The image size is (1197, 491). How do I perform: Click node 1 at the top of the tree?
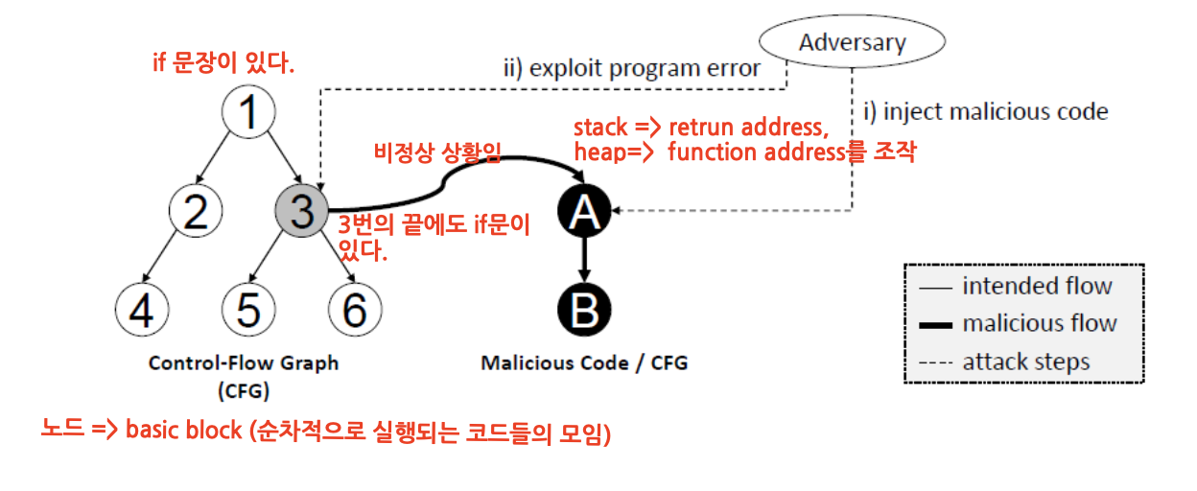[x=248, y=111]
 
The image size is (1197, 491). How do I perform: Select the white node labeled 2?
[x=196, y=211]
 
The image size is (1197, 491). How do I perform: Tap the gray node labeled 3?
[x=302, y=211]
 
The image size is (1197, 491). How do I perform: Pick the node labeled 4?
[x=142, y=310]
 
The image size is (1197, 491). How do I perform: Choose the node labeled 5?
[x=248, y=310]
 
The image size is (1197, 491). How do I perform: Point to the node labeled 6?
[x=355, y=310]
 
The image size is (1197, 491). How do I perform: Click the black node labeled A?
[x=584, y=211]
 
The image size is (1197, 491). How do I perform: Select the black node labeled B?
[x=584, y=310]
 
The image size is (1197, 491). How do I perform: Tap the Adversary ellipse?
[x=852, y=41]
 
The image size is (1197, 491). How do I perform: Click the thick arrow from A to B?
[x=584, y=260]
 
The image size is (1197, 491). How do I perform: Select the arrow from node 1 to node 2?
[x=213, y=157]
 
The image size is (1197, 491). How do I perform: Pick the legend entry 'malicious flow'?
[x=1019, y=324]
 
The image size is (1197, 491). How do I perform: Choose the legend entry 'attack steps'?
[x=1004, y=362]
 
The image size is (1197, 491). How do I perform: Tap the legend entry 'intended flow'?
[x=1017, y=287]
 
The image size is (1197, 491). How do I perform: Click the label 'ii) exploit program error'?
[x=632, y=68]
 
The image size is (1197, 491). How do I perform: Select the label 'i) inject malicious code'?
[x=986, y=111]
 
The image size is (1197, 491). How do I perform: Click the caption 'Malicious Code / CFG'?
[x=584, y=363]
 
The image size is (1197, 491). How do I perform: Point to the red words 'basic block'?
[x=184, y=430]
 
